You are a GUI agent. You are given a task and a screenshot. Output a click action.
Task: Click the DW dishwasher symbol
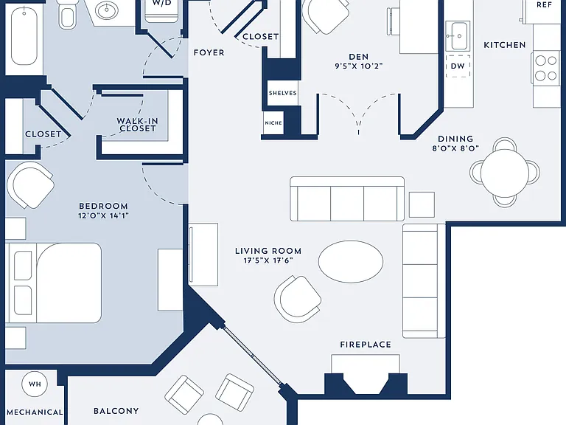coord(458,66)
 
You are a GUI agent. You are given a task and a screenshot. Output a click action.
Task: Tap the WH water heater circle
coord(35,384)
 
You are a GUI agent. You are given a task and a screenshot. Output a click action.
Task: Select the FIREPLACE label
coord(366,345)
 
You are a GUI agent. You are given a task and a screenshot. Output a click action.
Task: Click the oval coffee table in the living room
coord(351,261)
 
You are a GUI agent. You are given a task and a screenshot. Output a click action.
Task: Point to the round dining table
coord(505,173)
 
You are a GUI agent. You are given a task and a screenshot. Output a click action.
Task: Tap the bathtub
coord(24,36)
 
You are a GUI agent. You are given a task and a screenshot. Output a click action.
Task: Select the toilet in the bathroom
coord(67,14)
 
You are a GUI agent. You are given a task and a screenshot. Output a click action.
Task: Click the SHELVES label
coord(283,93)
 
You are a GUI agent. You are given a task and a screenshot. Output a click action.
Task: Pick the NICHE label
coord(273,123)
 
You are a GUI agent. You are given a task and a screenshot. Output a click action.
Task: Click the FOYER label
coord(209,53)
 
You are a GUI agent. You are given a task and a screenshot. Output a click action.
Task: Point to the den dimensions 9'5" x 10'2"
coord(358,66)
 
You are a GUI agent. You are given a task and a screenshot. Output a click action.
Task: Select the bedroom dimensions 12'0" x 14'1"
coord(104,215)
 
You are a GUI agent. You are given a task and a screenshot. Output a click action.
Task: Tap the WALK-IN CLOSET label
coord(138,125)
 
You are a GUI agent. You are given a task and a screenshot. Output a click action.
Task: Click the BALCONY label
coord(116,411)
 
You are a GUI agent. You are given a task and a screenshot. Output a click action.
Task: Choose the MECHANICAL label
coord(35,412)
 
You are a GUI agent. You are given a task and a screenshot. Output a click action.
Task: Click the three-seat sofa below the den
coord(347,198)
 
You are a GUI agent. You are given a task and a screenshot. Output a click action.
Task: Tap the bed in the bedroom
coord(53,283)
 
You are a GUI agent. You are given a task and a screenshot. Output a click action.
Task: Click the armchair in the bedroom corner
coord(30,185)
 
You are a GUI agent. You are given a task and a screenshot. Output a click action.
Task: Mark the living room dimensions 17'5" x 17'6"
coord(268,260)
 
